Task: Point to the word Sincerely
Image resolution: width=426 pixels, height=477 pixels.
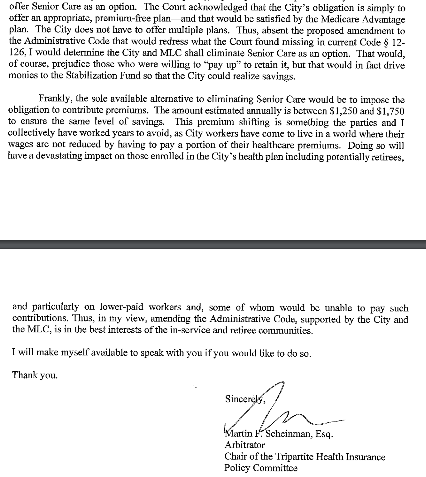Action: tap(245, 399)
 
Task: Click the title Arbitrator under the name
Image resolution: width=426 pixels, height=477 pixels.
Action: tap(244, 445)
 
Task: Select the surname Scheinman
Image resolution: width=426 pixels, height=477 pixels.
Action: tap(288, 434)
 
